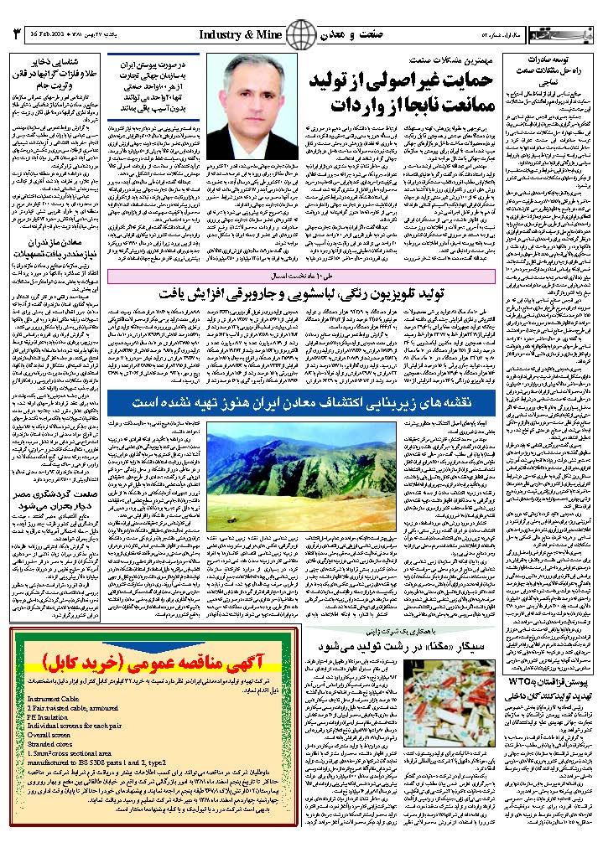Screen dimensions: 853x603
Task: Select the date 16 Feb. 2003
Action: click(46, 35)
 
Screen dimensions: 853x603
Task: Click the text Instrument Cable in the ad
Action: click(53, 698)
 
